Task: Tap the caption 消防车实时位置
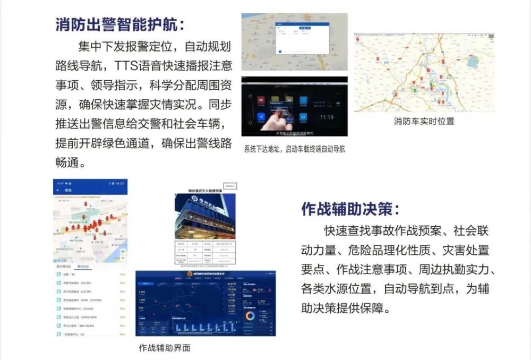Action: tap(424, 121)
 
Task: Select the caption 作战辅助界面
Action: tap(165, 348)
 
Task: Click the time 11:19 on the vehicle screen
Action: tap(327, 116)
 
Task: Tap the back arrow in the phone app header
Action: tap(57, 190)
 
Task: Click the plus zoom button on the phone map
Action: tap(123, 251)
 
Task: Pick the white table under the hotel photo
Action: tap(205, 254)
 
